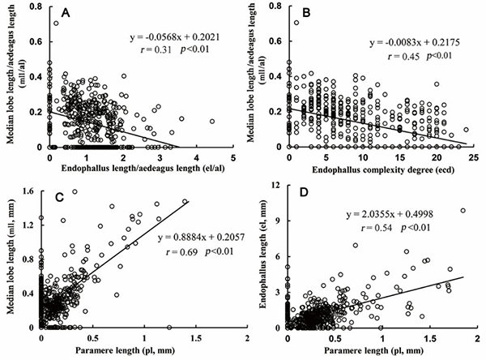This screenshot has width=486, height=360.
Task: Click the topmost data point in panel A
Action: (x=56, y=24)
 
